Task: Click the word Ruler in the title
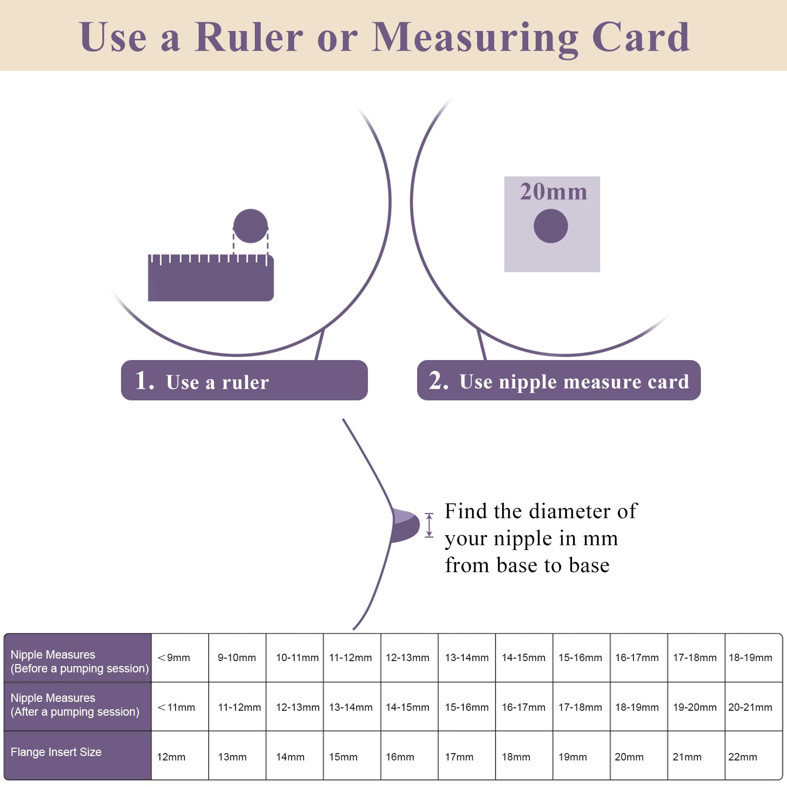point(249,37)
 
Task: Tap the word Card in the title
point(640,37)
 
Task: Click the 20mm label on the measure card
point(553,191)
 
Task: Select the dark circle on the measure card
point(551,226)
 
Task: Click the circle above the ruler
point(250,226)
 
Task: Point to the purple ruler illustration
point(211,277)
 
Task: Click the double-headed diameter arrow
point(429,525)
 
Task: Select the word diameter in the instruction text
point(571,511)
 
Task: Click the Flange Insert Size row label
point(56,752)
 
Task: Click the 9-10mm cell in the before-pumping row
point(237,658)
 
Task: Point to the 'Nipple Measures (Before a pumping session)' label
point(79,662)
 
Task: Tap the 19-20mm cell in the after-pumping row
point(695,707)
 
